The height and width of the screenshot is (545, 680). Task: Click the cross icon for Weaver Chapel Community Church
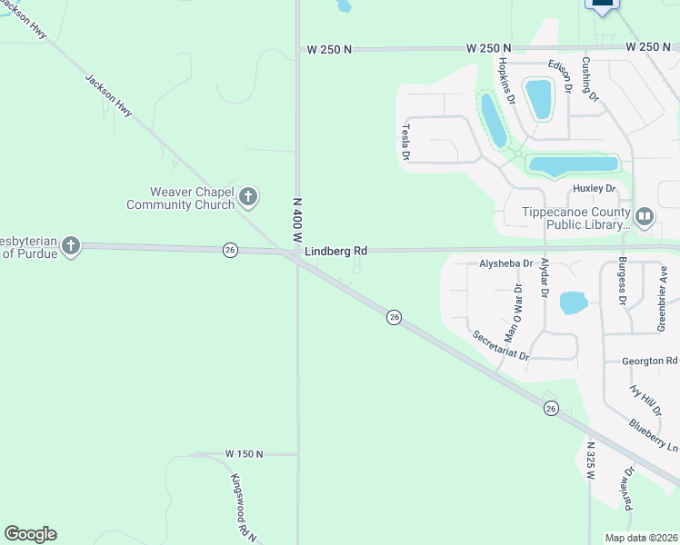tap(248, 196)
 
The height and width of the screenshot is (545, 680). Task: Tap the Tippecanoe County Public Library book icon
tap(645, 216)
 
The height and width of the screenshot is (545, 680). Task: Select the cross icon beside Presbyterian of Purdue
tap(71, 245)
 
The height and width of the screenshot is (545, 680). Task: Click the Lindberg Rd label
tap(335, 251)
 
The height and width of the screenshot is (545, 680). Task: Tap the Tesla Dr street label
tap(406, 143)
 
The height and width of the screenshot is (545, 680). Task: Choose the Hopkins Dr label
tap(506, 77)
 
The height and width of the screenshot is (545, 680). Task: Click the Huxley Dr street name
tap(595, 189)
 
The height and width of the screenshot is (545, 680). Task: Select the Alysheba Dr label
tap(505, 263)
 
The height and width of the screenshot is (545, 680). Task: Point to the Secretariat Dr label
tap(500, 345)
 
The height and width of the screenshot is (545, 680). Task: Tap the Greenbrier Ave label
tap(663, 299)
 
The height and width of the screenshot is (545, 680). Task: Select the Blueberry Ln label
tap(654, 437)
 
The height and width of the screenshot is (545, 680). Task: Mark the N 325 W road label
tap(590, 462)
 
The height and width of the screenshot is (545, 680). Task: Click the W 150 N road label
tap(244, 454)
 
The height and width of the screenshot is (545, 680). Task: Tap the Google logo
tap(30, 534)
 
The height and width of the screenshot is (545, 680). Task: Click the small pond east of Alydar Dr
tap(574, 302)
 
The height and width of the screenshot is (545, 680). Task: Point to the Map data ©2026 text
tap(640, 538)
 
